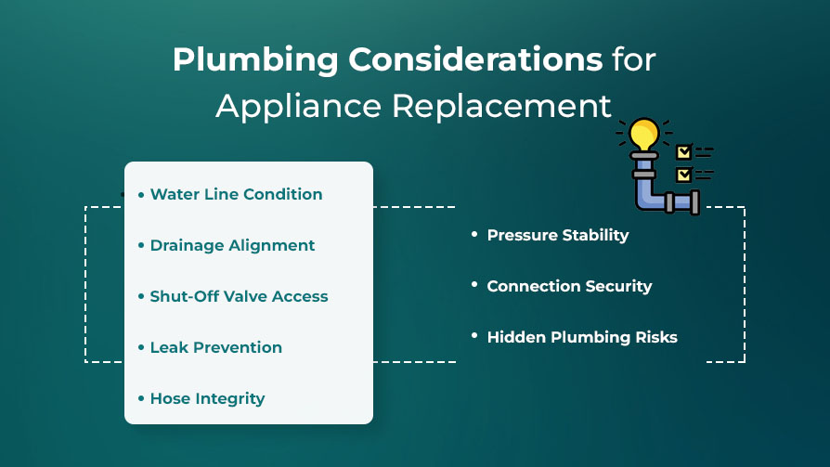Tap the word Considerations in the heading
(x=475, y=58)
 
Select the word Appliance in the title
(x=299, y=108)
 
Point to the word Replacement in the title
(x=501, y=108)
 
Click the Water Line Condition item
(x=236, y=194)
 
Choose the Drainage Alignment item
(x=232, y=246)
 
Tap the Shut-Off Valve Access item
(x=239, y=296)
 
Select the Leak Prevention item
(x=216, y=347)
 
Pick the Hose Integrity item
(x=208, y=398)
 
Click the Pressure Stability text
(x=558, y=235)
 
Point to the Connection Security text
(x=569, y=286)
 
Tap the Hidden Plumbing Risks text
(x=582, y=337)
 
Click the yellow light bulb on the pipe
(x=644, y=135)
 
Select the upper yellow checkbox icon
(x=684, y=152)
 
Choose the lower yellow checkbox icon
(x=684, y=175)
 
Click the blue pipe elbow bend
(x=648, y=196)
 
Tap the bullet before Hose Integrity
(x=141, y=398)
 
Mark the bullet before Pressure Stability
(x=474, y=234)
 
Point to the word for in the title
(x=634, y=58)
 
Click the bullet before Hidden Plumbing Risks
(x=474, y=336)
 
